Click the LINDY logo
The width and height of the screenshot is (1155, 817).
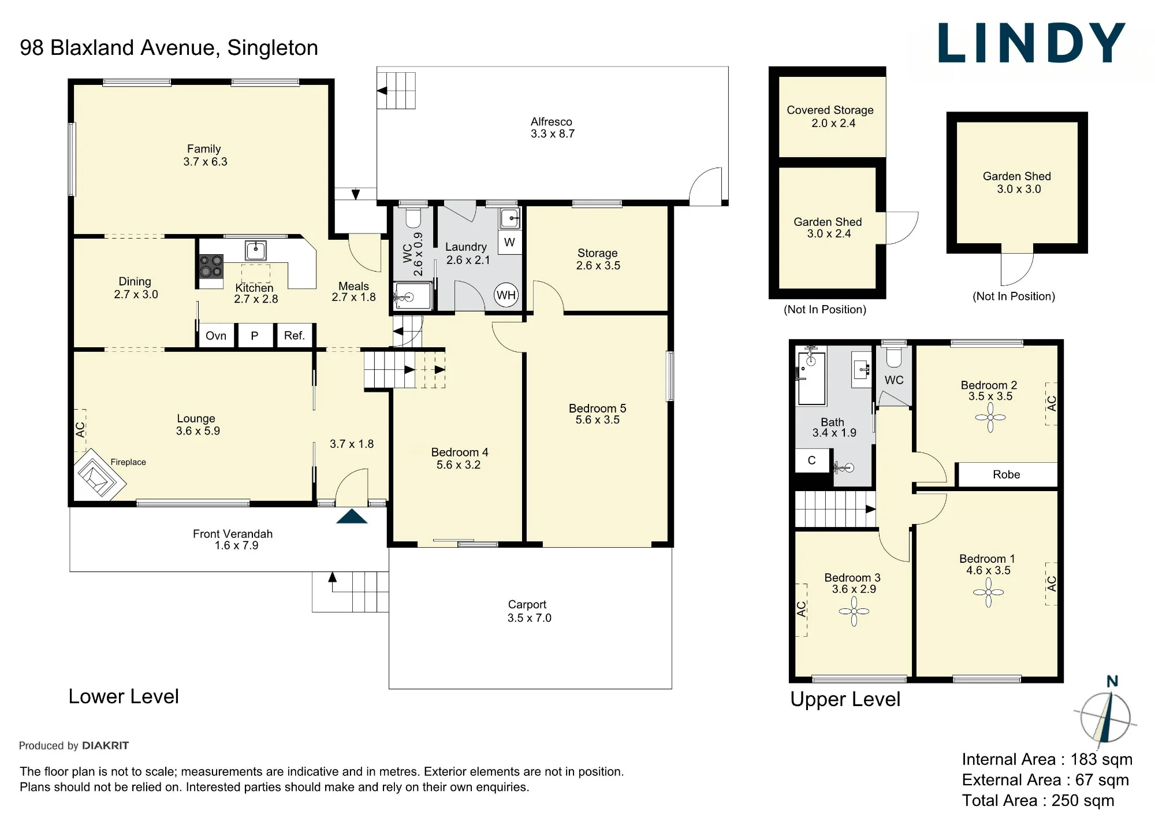coord(1031,43)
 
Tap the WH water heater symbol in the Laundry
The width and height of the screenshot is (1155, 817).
coord(506,295)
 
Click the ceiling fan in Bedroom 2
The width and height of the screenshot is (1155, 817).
coord(990,417)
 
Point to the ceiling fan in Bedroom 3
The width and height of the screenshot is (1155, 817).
coord(854,611)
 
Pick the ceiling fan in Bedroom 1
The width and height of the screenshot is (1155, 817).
coord(989,592)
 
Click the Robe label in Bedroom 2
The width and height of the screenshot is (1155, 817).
coord(1006,474)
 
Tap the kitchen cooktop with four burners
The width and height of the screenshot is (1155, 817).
coord(211,266)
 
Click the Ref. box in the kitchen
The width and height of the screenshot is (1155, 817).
coord(295,336)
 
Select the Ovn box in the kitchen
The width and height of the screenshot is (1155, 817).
coord(216,336)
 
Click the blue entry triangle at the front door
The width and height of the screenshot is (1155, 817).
coord(352,516)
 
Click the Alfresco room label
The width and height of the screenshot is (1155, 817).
coord(552,122)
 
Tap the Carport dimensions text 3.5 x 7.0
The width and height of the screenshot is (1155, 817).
coord(530,618)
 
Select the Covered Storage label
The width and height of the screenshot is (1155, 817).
coord(830,110)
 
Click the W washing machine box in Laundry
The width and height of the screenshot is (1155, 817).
coord(509,242)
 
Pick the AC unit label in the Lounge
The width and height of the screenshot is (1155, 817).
coord(80,430)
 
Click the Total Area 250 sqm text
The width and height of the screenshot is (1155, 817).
coord(1038,800)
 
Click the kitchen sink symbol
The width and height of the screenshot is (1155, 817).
coord(255,250)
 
